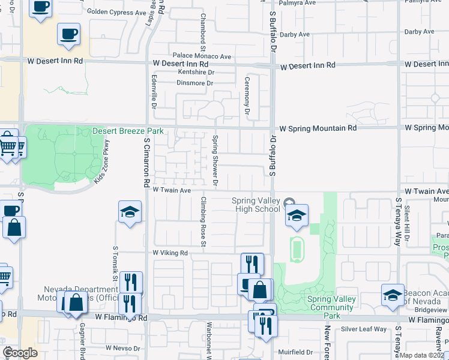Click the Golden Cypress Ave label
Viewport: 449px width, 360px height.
(116, 11)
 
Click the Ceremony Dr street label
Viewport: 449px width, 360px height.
(247, 95)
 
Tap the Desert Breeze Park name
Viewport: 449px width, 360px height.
(127, 131)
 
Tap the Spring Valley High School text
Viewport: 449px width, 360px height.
(257, 205)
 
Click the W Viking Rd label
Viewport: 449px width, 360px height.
(170, 253)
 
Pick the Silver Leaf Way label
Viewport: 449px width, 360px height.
(364, 329)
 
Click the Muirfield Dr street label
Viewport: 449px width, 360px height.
(296, 352)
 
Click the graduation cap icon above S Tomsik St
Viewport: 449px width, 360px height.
(130, 212)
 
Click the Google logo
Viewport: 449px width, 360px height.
(20, 353)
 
